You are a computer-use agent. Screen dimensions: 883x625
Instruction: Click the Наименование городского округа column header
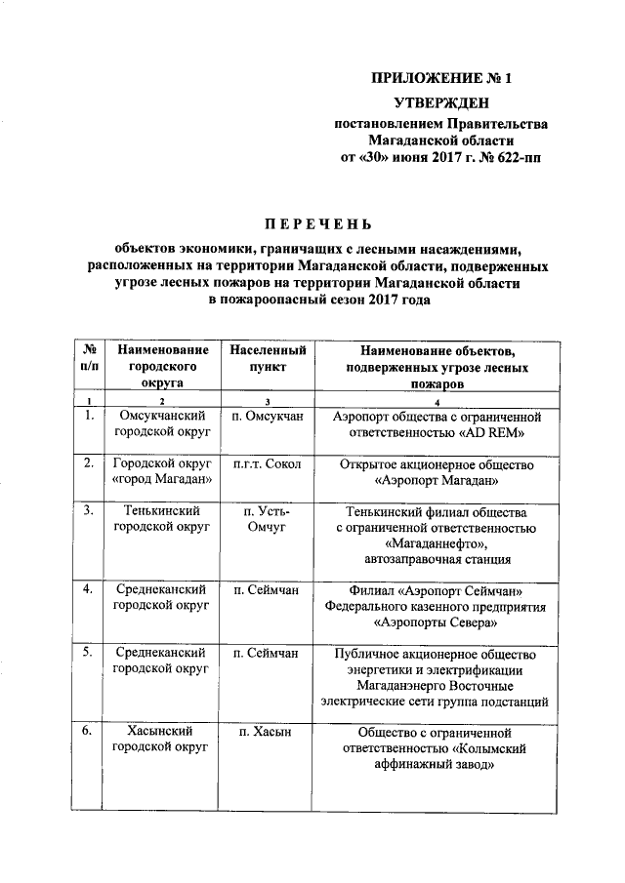[x=162, y=367]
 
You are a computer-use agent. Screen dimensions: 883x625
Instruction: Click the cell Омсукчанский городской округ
[x=162, y=424]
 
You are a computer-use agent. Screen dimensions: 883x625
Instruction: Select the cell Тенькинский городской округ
[x=162, y=519]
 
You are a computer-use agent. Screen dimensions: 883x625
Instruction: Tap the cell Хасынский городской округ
[x=162, y=739]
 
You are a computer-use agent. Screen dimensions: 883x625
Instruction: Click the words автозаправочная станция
[x=437, y=559]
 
